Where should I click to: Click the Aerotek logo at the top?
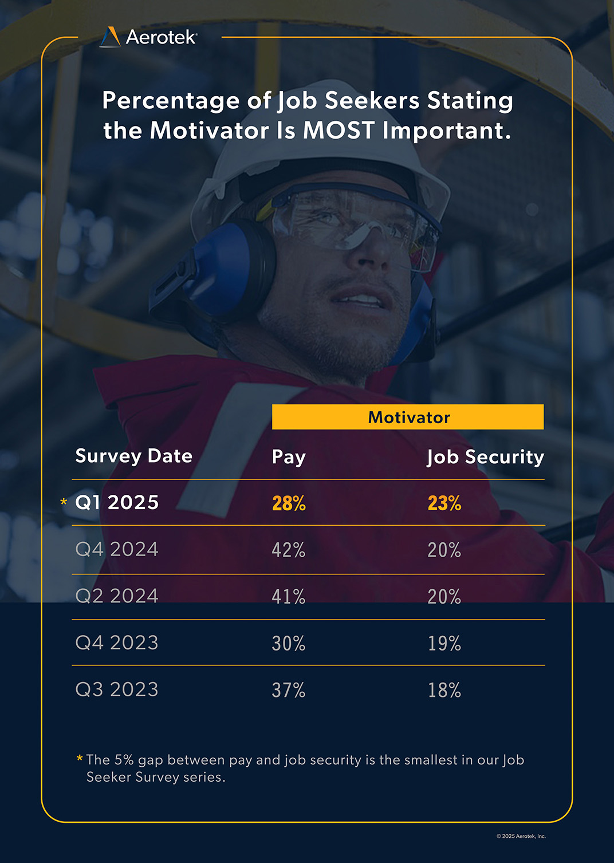149,37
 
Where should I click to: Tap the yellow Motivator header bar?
408,417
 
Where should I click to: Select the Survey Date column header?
133,456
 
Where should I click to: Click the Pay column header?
289,457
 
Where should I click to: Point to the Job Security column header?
485,457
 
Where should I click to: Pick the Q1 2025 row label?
117,502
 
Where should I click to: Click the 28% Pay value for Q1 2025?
289,503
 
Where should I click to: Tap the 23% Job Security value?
444,503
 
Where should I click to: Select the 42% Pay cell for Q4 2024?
289,550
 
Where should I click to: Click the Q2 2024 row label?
117,596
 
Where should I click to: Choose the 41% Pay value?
289,597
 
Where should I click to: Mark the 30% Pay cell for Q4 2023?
289,644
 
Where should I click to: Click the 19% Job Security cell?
444,644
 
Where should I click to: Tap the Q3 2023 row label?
117,689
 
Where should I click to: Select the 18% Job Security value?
444,690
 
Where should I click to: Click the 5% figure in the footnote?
124,760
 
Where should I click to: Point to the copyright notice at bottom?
521,836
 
